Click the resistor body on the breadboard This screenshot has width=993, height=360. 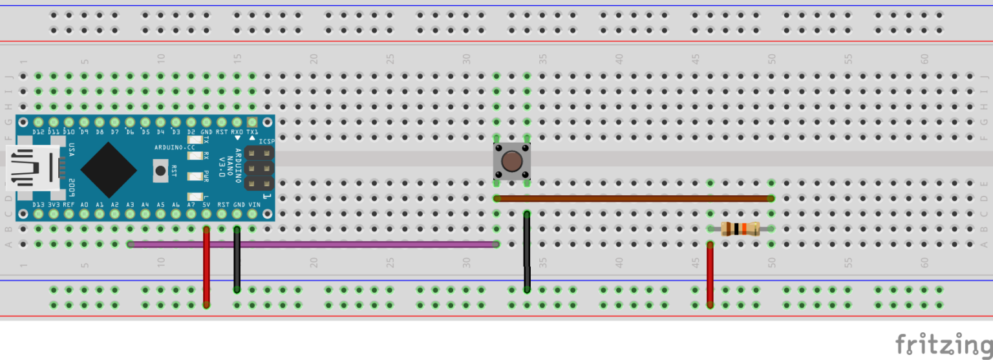pos(740,228)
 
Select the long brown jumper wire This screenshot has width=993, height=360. pos(634,198)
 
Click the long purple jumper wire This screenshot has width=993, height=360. pos(310,244)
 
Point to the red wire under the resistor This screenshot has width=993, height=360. pos(710,275)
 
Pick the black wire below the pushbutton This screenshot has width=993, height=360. pos(528,252)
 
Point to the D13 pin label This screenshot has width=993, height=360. pos(39,205)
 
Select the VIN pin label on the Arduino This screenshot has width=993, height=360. pos(254,205)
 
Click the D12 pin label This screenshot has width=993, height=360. pos(39,132)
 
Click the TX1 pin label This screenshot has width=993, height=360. pos(253,132)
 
